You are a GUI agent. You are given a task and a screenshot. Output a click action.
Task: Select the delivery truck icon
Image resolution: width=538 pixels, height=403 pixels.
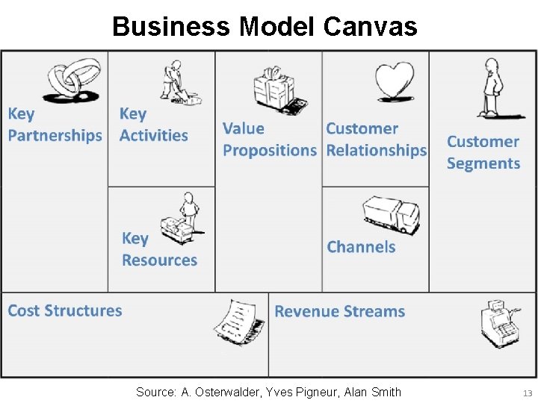[x=390, y=215]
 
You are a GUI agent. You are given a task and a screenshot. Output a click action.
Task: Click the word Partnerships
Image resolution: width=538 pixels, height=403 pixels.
[x=55, y=136]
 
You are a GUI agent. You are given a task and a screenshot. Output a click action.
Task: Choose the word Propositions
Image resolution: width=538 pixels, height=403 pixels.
[x=270, y=150]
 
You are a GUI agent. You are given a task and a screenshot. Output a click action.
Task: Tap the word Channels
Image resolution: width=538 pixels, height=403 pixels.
[x=361, y=247]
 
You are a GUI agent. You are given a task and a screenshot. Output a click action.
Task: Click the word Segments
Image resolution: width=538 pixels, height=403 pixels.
[x=483, y=163]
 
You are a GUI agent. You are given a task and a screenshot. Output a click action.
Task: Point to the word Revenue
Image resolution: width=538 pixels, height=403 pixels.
[x=306, y=311]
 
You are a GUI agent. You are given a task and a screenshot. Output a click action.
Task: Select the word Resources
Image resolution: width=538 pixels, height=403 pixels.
[x=159, y=260]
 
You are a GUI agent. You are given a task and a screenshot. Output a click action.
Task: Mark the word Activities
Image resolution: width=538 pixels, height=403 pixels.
[x=153, y=136]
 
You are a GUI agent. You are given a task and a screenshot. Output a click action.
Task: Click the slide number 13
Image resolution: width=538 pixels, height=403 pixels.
[x=528, y=393]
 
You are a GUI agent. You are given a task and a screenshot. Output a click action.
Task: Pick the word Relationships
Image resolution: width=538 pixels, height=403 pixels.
[x=376, y=150]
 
